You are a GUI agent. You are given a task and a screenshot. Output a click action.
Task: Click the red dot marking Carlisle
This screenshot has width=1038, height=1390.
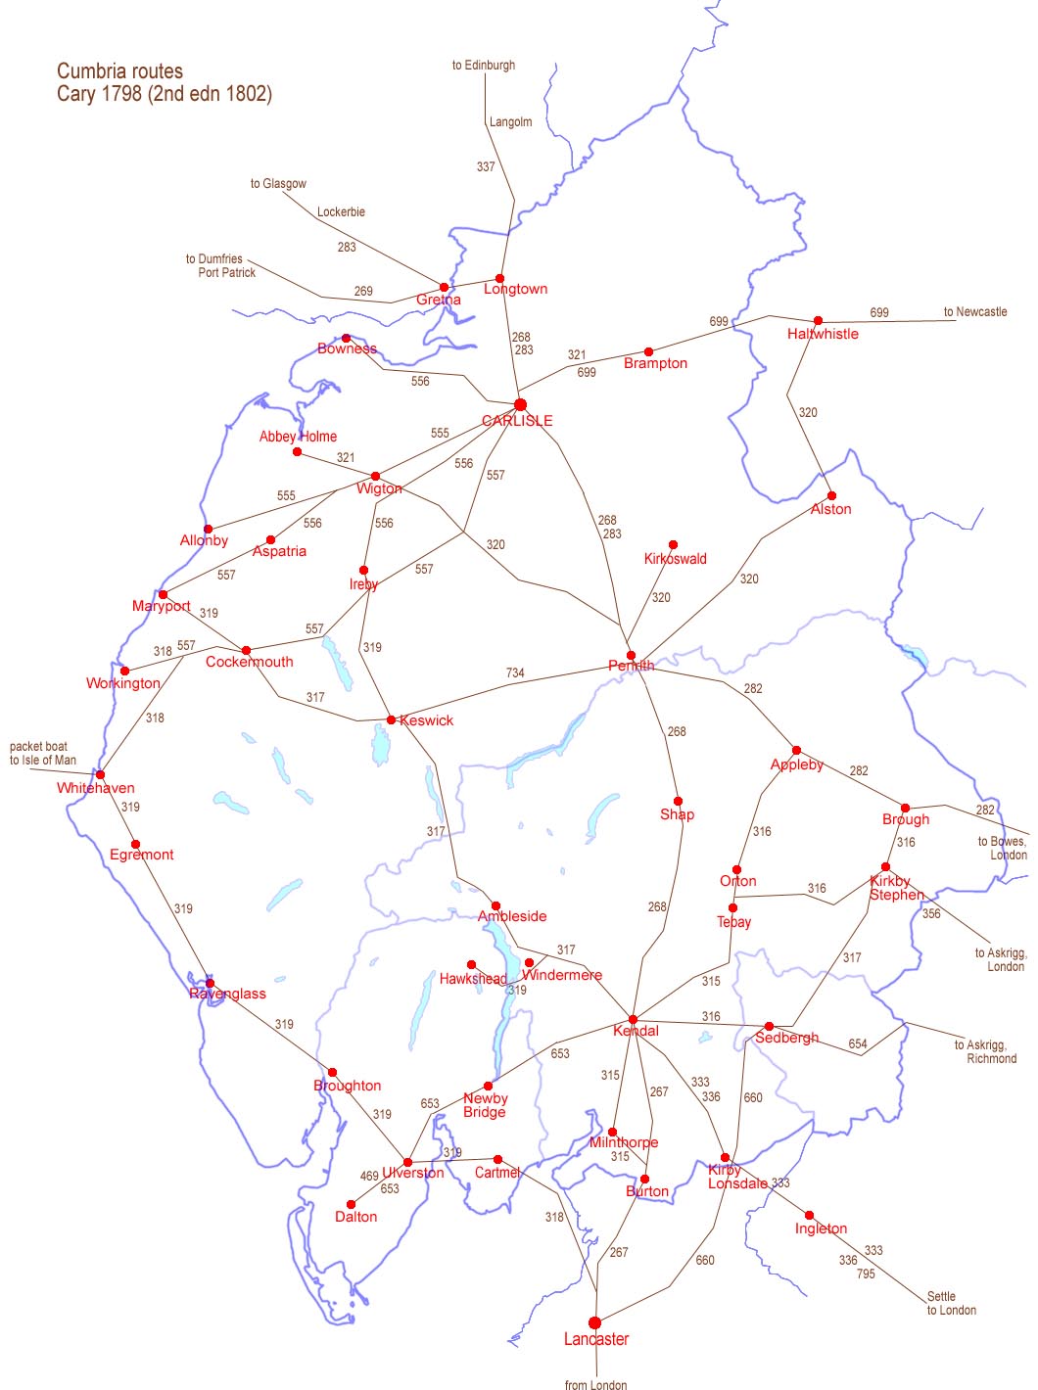520,404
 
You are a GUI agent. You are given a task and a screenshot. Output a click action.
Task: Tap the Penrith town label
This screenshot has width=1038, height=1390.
631,667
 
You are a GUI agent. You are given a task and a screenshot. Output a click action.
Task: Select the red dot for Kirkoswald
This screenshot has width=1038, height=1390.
673,544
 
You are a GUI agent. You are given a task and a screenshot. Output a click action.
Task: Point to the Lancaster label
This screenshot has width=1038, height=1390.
596,1339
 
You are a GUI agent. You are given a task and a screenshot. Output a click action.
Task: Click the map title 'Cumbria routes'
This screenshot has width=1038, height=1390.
119,70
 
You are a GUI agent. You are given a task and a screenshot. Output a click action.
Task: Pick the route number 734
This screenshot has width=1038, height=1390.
515,672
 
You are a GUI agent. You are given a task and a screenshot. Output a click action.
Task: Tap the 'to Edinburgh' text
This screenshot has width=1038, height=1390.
483,66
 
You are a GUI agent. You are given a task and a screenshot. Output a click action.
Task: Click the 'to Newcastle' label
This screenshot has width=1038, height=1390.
974,312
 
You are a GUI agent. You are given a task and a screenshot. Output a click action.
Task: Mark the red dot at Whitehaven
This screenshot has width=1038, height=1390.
100,774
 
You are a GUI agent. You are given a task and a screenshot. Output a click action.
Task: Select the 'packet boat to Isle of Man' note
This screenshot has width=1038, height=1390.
43,753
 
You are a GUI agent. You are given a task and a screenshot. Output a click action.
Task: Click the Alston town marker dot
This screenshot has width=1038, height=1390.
831,495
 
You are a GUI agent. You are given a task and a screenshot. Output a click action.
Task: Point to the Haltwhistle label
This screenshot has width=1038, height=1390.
823,334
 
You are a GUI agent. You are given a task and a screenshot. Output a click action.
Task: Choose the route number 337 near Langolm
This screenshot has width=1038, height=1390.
486,166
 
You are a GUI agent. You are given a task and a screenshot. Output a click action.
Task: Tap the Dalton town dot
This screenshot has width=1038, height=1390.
352,1204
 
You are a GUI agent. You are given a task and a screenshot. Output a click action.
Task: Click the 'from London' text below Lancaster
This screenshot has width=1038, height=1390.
595,1384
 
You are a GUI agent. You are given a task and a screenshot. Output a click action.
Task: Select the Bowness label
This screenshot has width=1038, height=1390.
347,348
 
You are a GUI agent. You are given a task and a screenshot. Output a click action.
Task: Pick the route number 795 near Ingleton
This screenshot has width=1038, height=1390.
866,1274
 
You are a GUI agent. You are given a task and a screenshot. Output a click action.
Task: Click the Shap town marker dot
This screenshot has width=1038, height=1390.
678,801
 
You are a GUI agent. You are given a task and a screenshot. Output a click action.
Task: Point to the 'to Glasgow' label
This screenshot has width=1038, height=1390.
278,183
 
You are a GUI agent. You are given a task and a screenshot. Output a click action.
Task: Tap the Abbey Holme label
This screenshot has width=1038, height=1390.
298,437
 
